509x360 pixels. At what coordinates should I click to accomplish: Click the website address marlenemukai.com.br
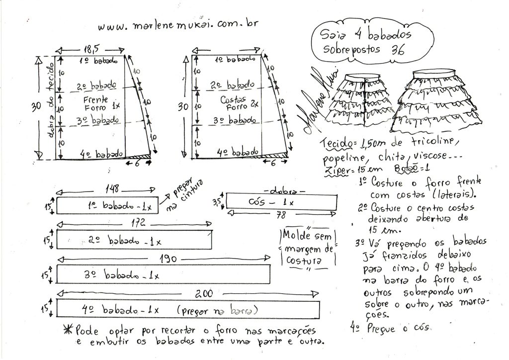(178, 25)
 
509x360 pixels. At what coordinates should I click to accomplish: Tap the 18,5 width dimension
(92, 49)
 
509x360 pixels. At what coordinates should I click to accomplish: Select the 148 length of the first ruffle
(112, 188)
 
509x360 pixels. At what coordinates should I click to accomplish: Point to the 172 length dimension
(138, 223)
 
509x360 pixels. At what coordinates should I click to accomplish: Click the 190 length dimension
(168, 259)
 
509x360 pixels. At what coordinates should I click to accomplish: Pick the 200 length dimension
(204, 294)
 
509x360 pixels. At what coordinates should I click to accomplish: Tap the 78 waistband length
(281, 215)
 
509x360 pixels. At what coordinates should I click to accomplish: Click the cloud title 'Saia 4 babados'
(366, 34)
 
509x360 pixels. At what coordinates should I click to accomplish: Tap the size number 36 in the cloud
(398, 50)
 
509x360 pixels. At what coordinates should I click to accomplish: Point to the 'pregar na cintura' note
(184, 194)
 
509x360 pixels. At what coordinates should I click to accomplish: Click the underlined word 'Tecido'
(337, 144)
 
